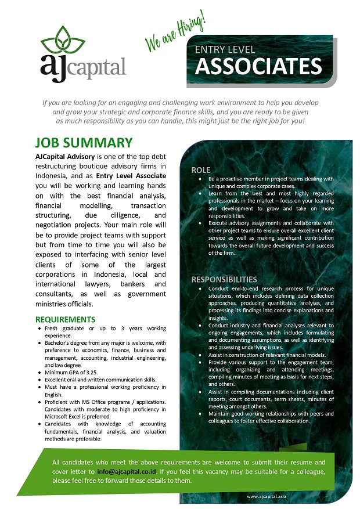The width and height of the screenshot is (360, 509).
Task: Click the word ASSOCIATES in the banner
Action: pos(258,66)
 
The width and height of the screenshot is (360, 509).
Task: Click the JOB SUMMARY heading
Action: pos(84,143)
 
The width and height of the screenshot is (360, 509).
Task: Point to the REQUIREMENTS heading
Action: pos(66,319)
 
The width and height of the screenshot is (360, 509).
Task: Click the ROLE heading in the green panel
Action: pos(201,170)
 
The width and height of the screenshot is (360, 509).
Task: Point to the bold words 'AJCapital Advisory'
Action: pos(63,157)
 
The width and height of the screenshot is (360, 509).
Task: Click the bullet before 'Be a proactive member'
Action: pos(199,179)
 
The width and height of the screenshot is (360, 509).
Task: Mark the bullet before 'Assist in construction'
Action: pos(199,355)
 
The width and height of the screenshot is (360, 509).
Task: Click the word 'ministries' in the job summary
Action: pos(55,304)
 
